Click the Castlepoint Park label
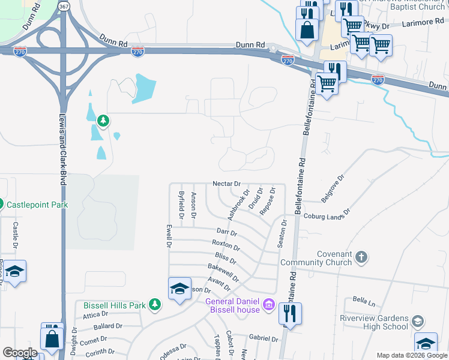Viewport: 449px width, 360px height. [37, 205]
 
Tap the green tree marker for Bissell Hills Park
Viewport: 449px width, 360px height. [155, 305]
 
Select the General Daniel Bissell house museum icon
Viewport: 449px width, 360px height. [269, 306]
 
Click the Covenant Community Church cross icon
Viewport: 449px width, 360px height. [361, 257]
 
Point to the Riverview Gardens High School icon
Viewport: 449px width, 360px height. [417, 322]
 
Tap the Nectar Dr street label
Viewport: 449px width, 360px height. [227, 184]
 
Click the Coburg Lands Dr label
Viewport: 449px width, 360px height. [327, 215]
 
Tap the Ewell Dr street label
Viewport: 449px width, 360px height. [169, 237]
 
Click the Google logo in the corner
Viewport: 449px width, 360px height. [20, 353]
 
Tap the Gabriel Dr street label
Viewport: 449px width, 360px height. [264, 338]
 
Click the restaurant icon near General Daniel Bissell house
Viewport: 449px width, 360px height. [290, 313]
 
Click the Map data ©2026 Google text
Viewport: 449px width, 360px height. [411, 356]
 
